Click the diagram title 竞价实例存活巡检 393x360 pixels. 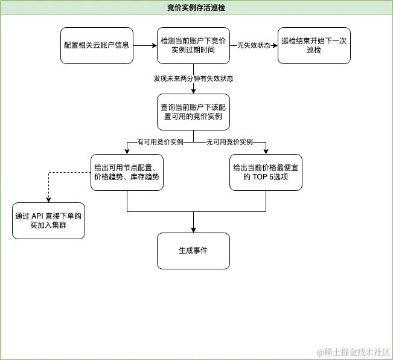click(197, 7)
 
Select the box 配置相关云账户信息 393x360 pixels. click(97, 45)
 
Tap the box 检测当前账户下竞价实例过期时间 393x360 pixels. click(193, 45)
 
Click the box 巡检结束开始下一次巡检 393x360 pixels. click(314, 45)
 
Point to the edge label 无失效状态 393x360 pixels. click(254, 45)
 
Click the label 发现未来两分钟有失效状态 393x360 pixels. click(193, 79)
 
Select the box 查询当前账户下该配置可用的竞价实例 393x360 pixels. click(193, 112)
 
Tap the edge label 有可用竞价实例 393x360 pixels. click(161, 143)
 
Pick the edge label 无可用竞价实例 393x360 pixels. click(230, 143)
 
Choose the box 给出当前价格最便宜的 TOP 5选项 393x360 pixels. click(266, 173)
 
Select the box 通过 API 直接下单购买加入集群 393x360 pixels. click(48, 220)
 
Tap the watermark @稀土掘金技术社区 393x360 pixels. click(353, 351)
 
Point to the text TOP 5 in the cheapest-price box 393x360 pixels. click(264, 178)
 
